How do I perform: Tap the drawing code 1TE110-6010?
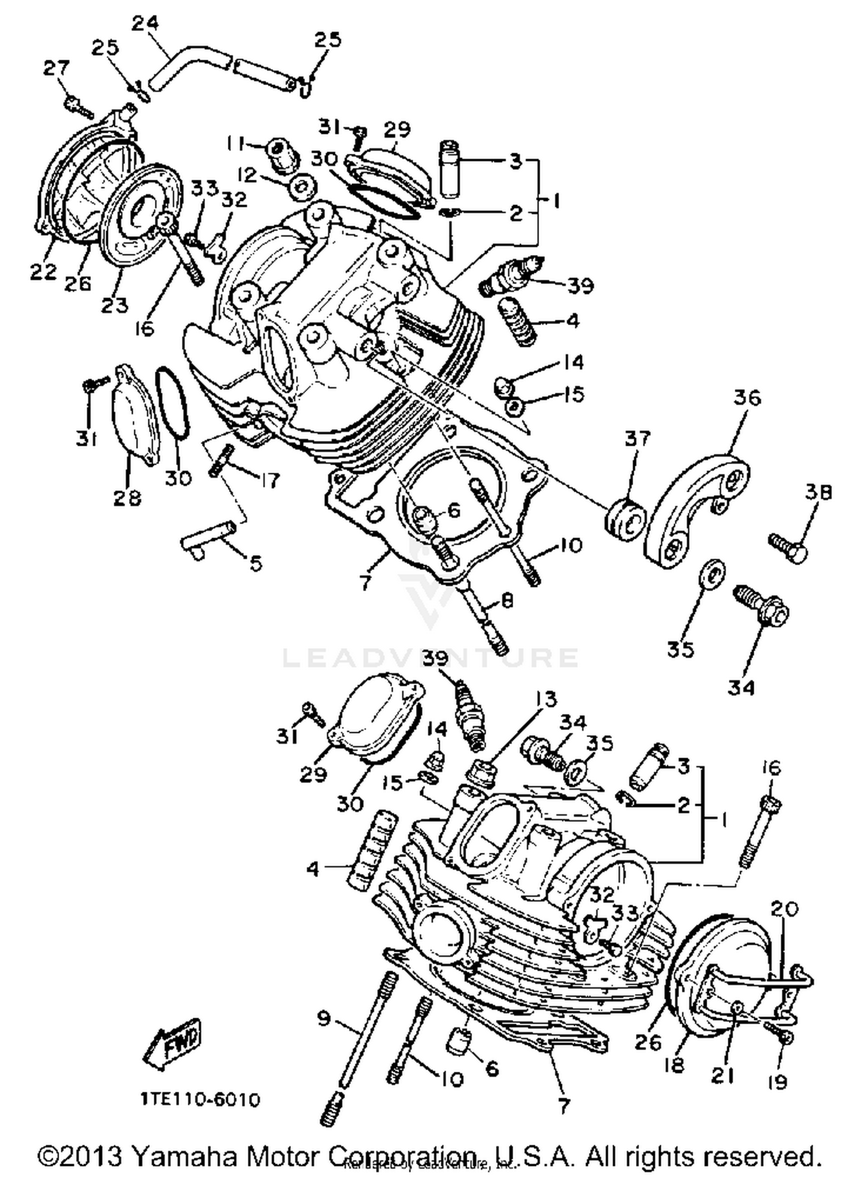pos(201,1099)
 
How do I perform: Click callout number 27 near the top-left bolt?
pos(57,68)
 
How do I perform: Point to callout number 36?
pos(747,397)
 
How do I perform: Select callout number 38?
pos(818,492)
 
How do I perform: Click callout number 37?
pos(637,439)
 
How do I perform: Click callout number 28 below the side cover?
pos(127,497)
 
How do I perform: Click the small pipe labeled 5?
pos(207,539)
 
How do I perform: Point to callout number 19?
pos(777,1082)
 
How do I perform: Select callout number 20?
pos(785,909)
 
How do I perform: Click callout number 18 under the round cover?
pos(674,1065)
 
